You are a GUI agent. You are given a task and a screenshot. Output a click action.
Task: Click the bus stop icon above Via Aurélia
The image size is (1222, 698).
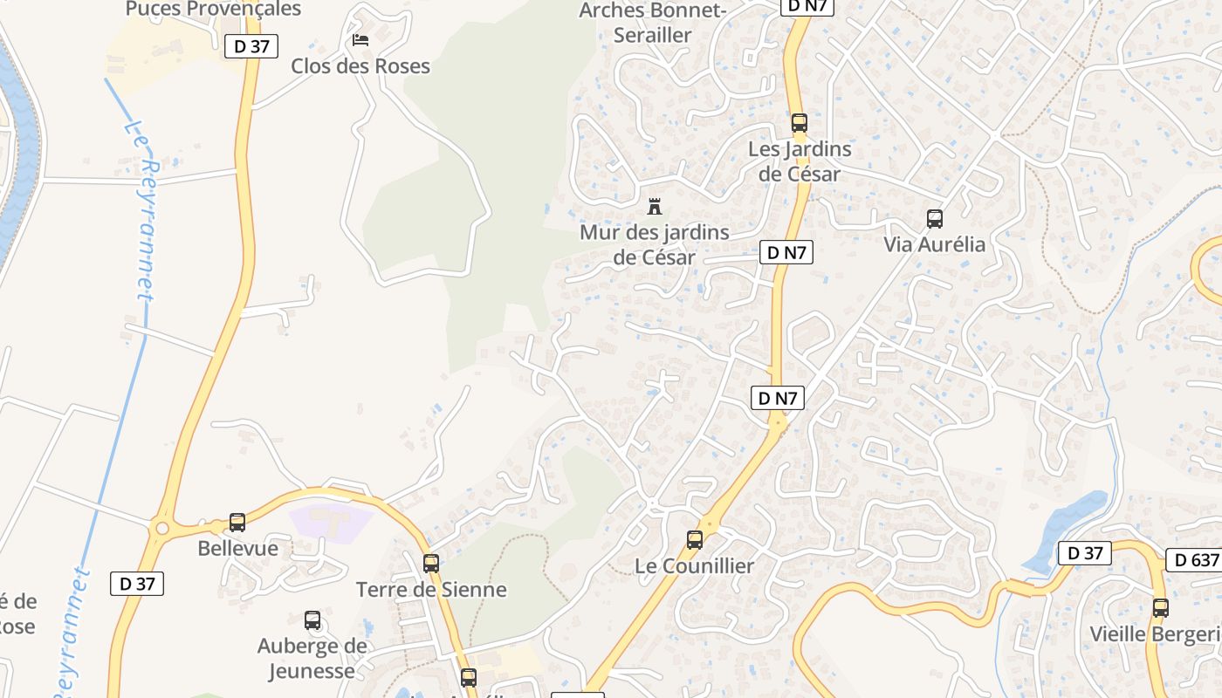(x=935, y=218)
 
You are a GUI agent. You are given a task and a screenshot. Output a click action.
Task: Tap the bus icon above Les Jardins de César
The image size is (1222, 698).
(x=800, y=123)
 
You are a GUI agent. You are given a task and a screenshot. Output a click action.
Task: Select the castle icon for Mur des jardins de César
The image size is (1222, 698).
(x=655, y=207)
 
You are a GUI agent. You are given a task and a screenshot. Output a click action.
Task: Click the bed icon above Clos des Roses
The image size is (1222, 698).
(x=360, y=40)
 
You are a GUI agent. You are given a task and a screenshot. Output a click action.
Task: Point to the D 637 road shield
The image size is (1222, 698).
(x=1193, y=560)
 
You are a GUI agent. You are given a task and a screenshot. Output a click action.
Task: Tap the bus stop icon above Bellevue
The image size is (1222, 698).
(x=237, y=523)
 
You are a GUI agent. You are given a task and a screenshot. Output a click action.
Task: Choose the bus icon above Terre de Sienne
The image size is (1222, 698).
(x=431, y=564)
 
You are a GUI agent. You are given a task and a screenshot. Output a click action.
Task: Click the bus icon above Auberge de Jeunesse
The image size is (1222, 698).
(x=312, y=620)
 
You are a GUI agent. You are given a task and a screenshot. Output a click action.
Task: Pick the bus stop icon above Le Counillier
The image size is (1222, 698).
(x=695, y=540)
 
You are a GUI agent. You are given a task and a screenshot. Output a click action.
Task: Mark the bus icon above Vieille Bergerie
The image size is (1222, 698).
(x=1160, y=608)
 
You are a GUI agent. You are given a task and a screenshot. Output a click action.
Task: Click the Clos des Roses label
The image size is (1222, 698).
(x=360, y=66)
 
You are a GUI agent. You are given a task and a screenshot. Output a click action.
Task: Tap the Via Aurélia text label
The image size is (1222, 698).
(x=935, y=244)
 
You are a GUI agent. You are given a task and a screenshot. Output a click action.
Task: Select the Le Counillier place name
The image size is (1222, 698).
(x=694, y=566)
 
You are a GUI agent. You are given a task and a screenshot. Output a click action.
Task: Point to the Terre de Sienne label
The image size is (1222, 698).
(x=431, y=590)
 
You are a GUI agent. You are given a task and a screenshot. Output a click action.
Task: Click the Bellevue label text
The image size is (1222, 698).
(x=237, y=549)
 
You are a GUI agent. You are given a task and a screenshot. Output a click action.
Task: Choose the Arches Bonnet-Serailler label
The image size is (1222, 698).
(x=653, y=23)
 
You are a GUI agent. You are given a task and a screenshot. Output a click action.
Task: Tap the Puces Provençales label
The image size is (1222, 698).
(x=213, y=9)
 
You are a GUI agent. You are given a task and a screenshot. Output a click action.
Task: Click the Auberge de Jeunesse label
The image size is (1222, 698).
(x=312, y=658)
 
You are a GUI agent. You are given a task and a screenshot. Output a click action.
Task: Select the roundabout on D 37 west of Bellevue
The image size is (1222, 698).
(x=161, y=528)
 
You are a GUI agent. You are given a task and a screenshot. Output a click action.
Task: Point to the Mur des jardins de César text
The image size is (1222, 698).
(x=655, y=245)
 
